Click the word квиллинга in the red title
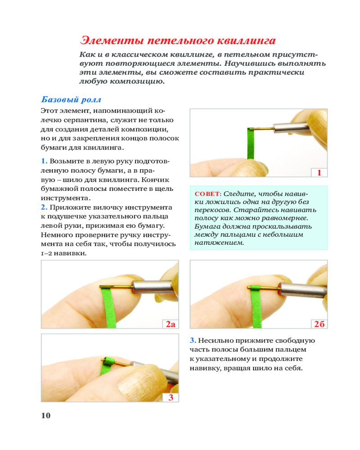(243, 40)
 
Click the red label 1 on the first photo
(319, 173)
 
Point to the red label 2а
(170, 324)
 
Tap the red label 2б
(319, 324)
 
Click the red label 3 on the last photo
(171, 397)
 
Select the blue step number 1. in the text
(44, 161)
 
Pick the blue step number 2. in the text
(44, 207)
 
